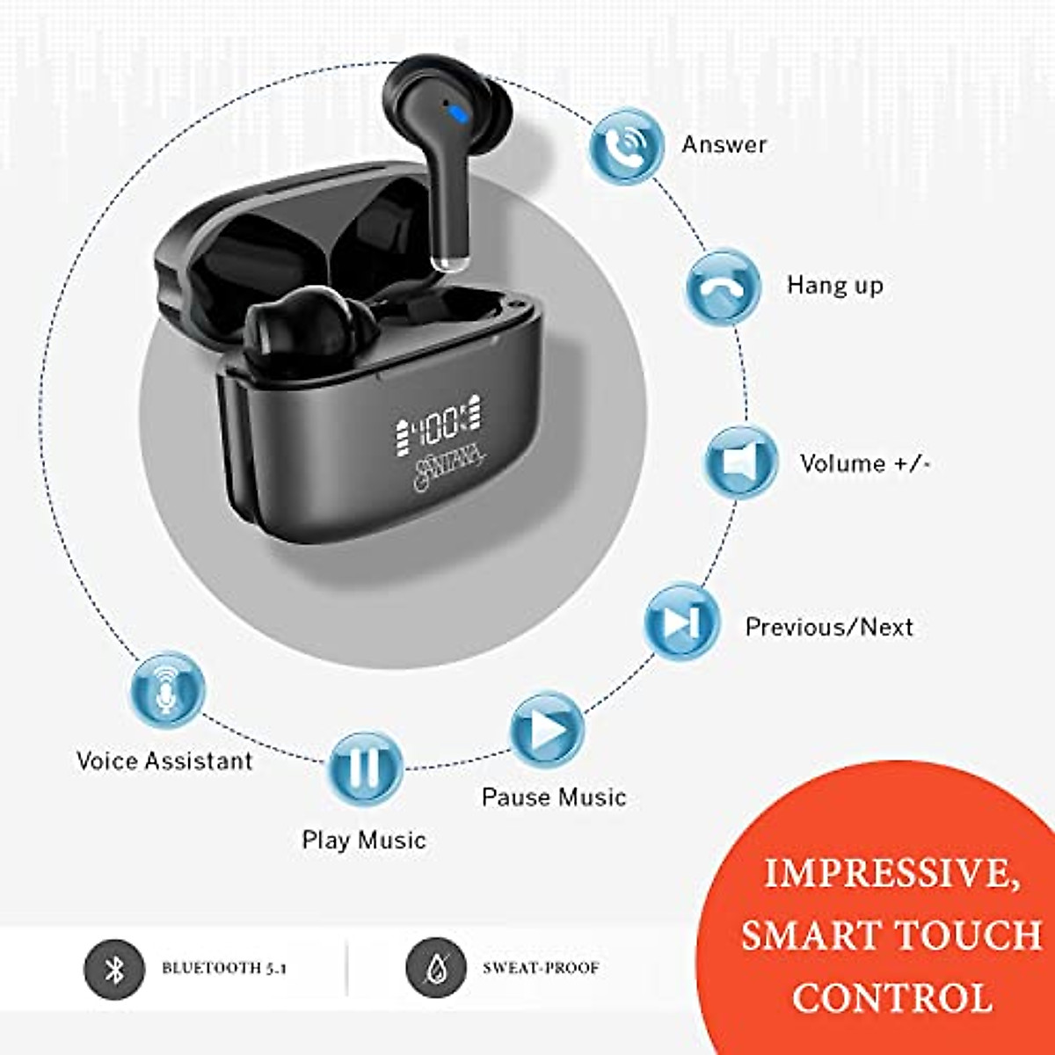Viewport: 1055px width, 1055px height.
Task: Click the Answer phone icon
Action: pos(625,145)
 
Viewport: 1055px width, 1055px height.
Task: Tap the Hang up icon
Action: pos(723,287)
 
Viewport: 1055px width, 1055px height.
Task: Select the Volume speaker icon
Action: pos(741,462)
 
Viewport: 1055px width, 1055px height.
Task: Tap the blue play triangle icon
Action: pos(547,729)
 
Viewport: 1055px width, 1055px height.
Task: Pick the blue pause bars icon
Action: pos(365,768)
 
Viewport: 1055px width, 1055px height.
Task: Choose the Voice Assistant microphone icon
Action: pos(166,689)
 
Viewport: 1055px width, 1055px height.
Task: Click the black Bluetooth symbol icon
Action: pos(114,969)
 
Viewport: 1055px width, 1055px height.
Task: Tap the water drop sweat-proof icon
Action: pos(435,969)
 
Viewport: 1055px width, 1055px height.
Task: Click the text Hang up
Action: pos(834,286)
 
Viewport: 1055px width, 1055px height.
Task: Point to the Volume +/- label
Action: pos(864,463)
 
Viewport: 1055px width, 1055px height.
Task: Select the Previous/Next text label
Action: pos(828,627)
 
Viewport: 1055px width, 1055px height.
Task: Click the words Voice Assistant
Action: pos(164,760)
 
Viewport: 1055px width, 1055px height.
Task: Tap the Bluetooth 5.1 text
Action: pos(224,968)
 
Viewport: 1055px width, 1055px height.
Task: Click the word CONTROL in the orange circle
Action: pos(891,998)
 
